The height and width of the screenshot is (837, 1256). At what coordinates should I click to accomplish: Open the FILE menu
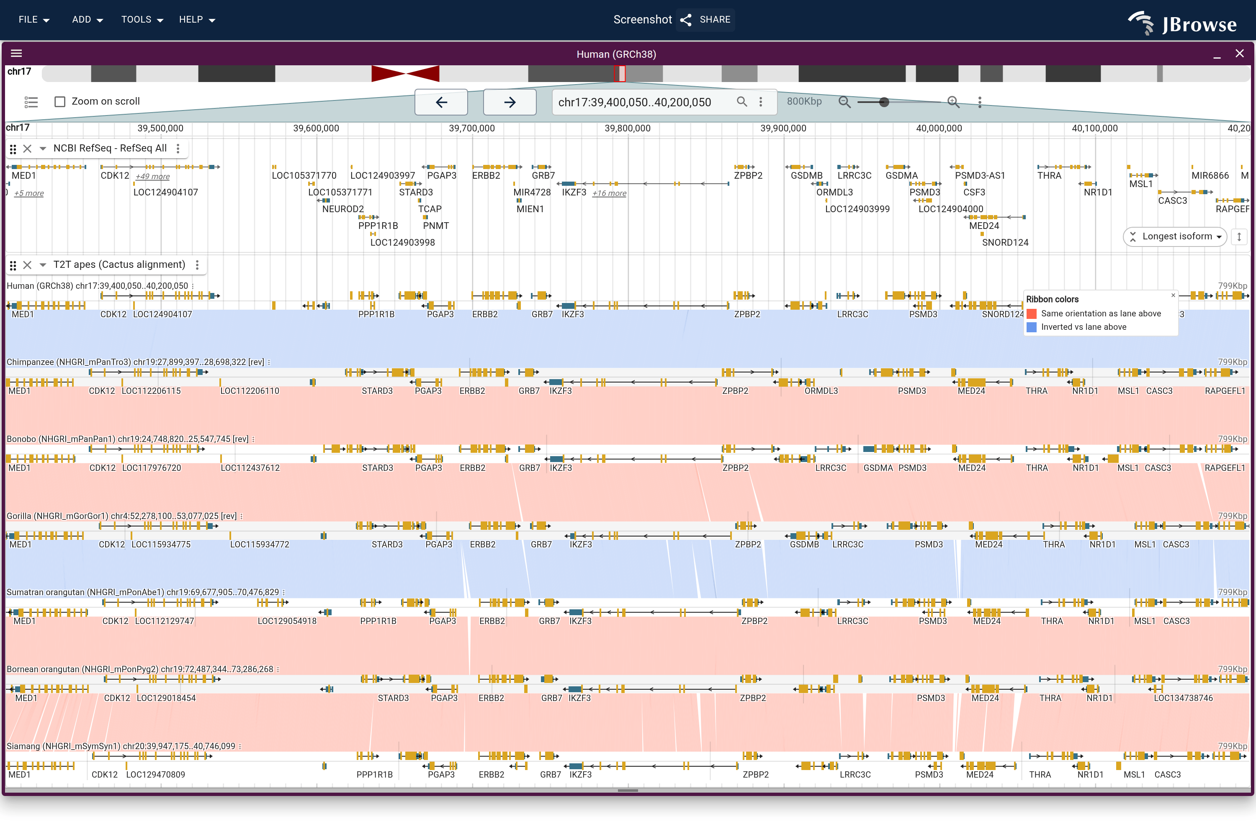[x=33, y=20]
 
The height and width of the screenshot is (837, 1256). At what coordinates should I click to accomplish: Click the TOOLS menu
[x=142, y=20]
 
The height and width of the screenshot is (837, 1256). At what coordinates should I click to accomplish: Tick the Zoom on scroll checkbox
[x=60, y=101]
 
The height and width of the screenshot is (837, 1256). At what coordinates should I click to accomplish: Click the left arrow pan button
[x=441, y=102]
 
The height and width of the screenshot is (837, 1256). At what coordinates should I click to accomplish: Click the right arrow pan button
[x=510, y=102]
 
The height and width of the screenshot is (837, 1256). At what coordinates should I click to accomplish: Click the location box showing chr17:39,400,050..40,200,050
[x=634, y=102]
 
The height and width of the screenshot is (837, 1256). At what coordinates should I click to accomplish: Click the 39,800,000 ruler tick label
[x=628, y=128]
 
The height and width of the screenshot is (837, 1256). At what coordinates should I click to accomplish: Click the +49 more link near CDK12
[x=153, y=177]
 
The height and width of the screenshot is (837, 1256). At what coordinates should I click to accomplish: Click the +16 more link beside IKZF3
[x=609, y=193]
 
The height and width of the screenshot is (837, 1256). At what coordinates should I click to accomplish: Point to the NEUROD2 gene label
[x=343, y=209]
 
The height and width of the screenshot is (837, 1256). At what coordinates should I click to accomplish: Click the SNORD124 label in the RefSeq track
[x=1005, y=243]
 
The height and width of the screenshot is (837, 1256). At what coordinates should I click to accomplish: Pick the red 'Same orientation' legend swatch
[x=1032, y=314]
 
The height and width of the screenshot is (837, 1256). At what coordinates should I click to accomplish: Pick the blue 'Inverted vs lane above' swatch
[x=1032, y=327]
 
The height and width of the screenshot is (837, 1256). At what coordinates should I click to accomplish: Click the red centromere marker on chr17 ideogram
[x=405, y=74]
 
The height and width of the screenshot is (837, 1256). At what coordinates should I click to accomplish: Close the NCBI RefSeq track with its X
[x=28, y=149]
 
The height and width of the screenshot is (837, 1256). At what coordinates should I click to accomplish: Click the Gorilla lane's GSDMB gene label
[x=804, y=545]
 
